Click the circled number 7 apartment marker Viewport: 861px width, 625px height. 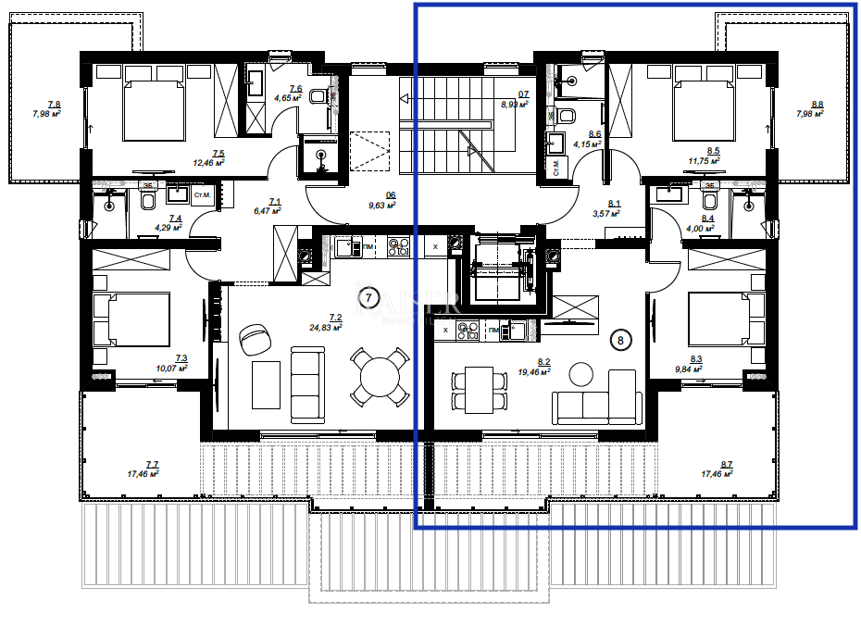click(x=368, y=297)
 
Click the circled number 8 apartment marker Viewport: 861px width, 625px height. click(x=620, y=340)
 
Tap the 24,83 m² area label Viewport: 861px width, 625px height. click(x=327, y=327)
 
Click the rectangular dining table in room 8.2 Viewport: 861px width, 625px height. click(x=479, y=389)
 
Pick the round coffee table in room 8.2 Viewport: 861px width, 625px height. click(x=581, y=374)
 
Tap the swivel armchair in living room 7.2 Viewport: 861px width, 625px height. click(x=251, y=340)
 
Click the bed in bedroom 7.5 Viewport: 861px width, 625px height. click(x=150, y=108)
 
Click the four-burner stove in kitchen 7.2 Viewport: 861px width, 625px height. click(x=398, y=247)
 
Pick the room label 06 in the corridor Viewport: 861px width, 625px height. click(x=391, y=195)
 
